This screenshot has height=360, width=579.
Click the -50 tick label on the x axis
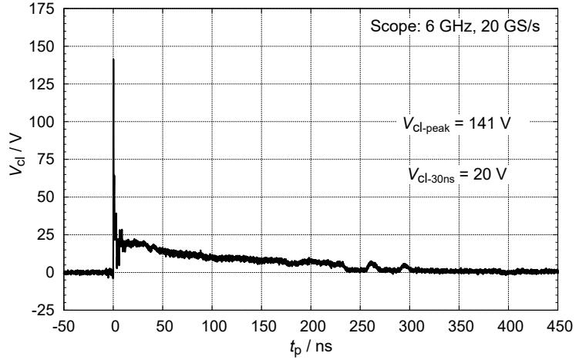[x=64, y=325]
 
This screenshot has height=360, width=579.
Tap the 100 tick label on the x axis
[x=212, y=325]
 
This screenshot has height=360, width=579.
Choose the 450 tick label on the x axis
[x=557, y=325]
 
